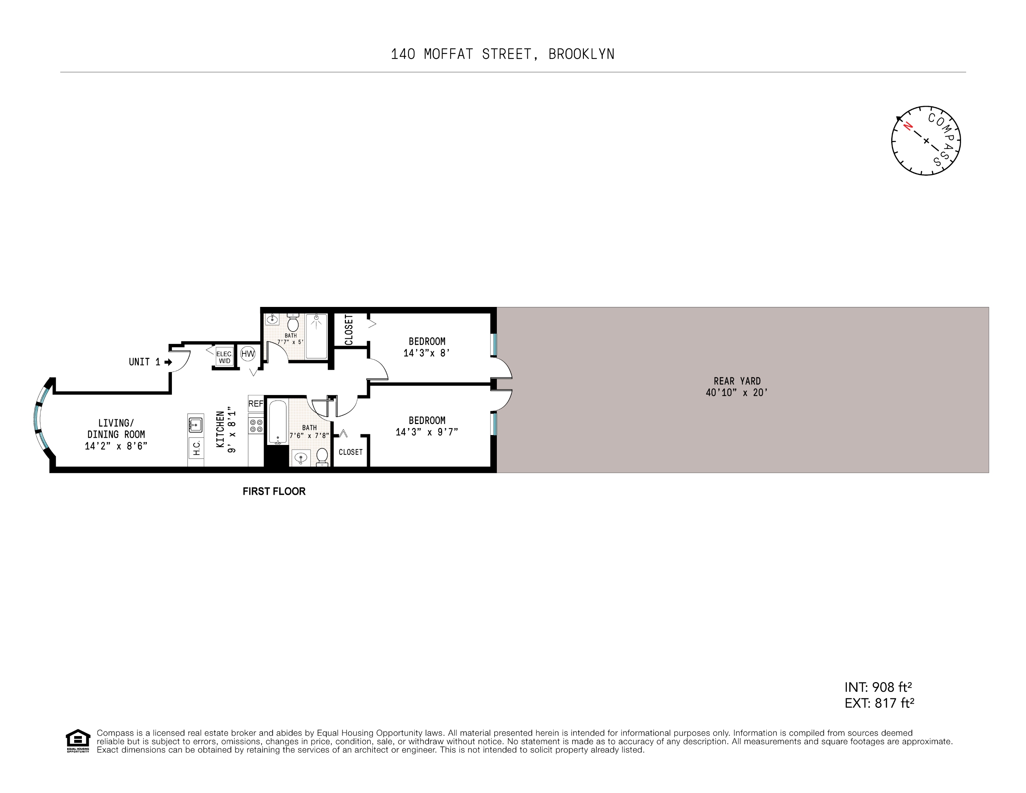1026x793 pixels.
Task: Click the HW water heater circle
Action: point(248,354)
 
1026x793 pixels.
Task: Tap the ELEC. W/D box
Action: point(224,357)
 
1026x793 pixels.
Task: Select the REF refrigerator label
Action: point(256,403)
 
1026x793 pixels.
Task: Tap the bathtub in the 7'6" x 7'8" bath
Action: point(278,422)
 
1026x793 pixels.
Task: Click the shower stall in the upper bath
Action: point(316,336)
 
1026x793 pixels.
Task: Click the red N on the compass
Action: point(908,126)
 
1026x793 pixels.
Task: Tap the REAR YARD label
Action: point(737,381)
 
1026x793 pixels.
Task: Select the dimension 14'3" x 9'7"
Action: point(427,432)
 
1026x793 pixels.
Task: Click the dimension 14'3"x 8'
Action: point(427,353)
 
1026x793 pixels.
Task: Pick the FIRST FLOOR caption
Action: point(274,491)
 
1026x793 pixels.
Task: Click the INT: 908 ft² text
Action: point(878,687)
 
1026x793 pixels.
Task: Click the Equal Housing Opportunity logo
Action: point(77,741)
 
